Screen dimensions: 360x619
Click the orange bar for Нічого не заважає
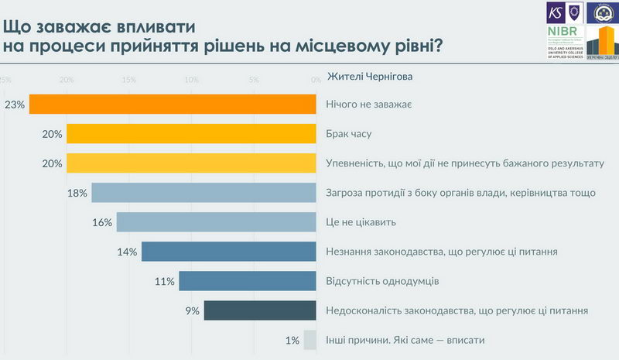coord(173,105)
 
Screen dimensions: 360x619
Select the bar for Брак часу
coord(191,134)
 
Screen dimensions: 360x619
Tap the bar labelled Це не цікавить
coord(216,222)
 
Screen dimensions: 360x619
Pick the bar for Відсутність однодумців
coord(247,281)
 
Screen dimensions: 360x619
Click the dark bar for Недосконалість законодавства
coord(259,310)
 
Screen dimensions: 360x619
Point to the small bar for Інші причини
coord(310,340)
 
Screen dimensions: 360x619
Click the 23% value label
coord(15,105)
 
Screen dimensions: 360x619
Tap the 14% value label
coord(128,252)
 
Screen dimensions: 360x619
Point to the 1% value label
coord(292,340)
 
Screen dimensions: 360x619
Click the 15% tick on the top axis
coord(129,80)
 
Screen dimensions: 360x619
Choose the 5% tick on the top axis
coord(253,80)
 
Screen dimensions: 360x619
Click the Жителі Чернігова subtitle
coord(370,77)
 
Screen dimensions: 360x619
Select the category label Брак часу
coord(350,134)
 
